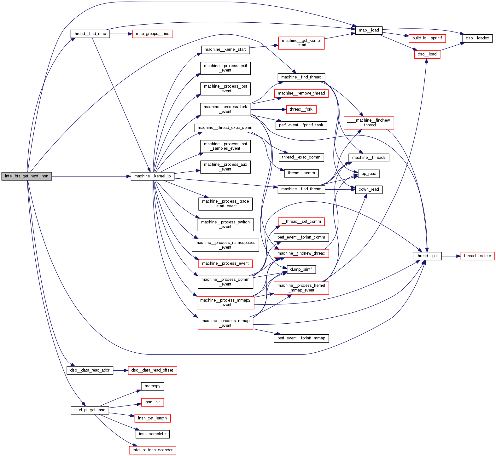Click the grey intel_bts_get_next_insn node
tap(26, 176)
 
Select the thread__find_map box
tap(90, 34)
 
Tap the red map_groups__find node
tap(152, 34)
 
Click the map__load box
tap(369, 30)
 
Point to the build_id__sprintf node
tap(427, 38)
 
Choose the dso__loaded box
tap(477, 38)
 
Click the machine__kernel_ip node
tap(153, 176)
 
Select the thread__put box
tap(427, 256)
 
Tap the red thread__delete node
tap(477, 256)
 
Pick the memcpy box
tap(153, 386)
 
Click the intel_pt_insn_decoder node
tap(153, 450)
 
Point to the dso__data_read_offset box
tap(153, 370)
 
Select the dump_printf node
tap(301, 269)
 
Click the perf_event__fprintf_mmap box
tap(301, 338)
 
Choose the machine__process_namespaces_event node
tap(225, 245)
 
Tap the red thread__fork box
tap(301, 109)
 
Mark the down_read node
tap(369, 189)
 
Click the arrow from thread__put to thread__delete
tap(451, 256)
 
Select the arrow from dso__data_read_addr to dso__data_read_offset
tap(120, 370)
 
